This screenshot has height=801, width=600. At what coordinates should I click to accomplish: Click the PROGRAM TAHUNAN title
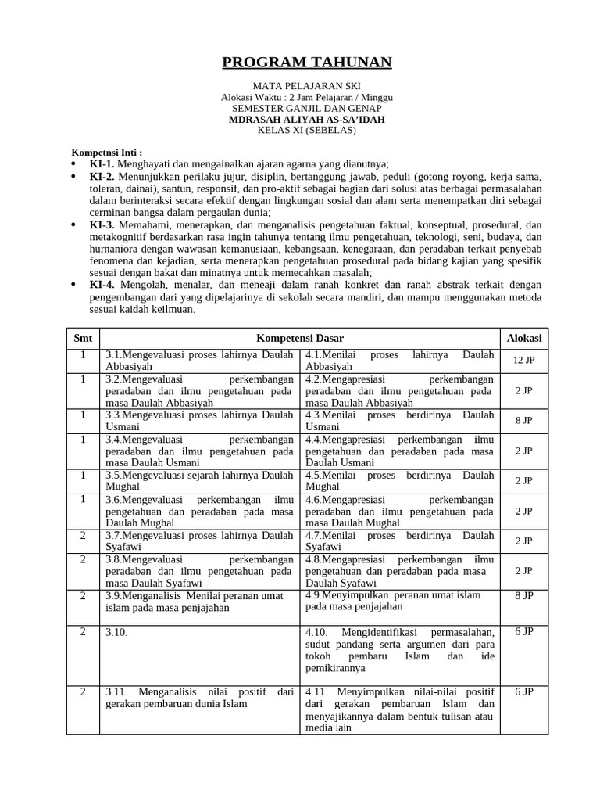pos(306,63)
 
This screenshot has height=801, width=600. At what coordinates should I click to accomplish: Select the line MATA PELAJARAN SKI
pos(306,85)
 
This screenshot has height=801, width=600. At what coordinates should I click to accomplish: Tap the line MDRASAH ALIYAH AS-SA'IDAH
pos(306,119)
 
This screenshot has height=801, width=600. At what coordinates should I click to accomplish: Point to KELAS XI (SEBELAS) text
pos(306,130)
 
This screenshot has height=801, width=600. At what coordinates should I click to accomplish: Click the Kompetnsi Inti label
pos(107,153)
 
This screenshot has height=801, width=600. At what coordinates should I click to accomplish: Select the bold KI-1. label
pos(102,164)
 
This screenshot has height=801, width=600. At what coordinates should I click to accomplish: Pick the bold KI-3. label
pos(102,224)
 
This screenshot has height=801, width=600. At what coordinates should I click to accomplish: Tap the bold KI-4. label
pos(102,285)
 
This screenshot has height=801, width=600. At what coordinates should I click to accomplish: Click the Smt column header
pos(83,338)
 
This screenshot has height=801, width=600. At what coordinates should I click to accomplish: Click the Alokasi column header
pos(523,338)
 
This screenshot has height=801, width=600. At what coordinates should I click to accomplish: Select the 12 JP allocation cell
pos(523,361)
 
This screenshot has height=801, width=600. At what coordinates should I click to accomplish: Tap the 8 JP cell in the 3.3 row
pos(523,421)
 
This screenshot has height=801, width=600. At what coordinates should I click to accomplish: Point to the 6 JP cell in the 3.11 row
pos(523,691)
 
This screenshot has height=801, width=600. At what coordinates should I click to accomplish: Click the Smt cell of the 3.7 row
pos(83,536)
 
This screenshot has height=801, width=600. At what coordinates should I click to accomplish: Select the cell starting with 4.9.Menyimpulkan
pos(400,601)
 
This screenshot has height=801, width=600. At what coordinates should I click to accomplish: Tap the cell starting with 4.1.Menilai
pos(400,360)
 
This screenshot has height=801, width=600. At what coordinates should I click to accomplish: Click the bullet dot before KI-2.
pos(74,177)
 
